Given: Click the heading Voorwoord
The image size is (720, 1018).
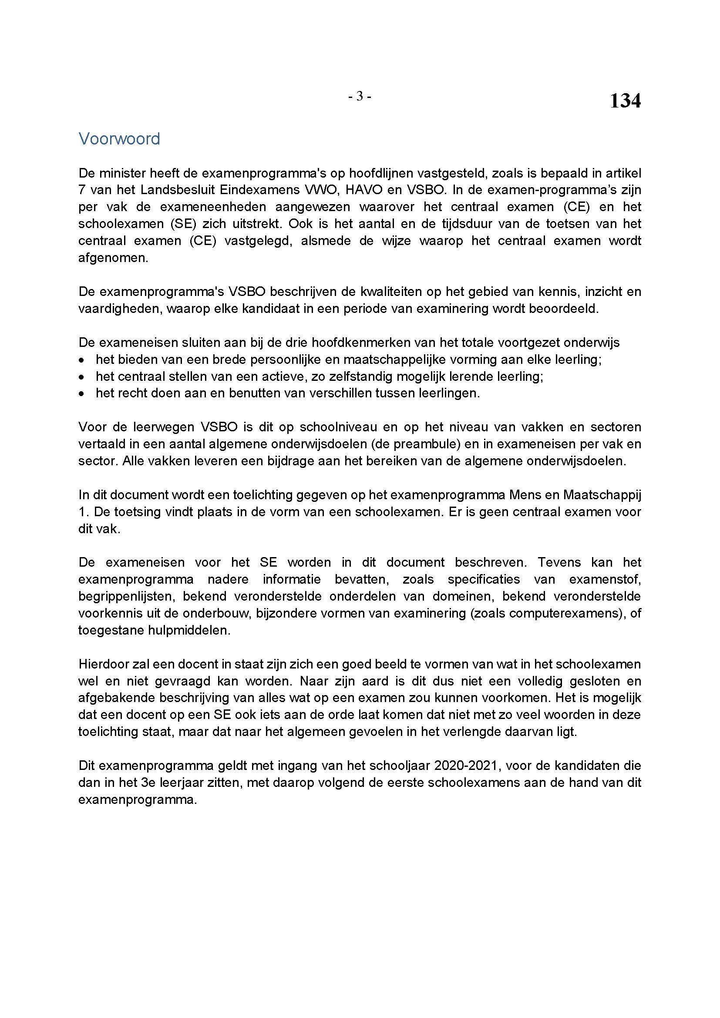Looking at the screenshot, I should (x=119, y=139).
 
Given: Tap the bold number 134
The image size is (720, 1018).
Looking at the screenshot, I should (x=625, y=101).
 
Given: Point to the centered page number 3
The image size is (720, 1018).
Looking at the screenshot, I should (x=360, y=96).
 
